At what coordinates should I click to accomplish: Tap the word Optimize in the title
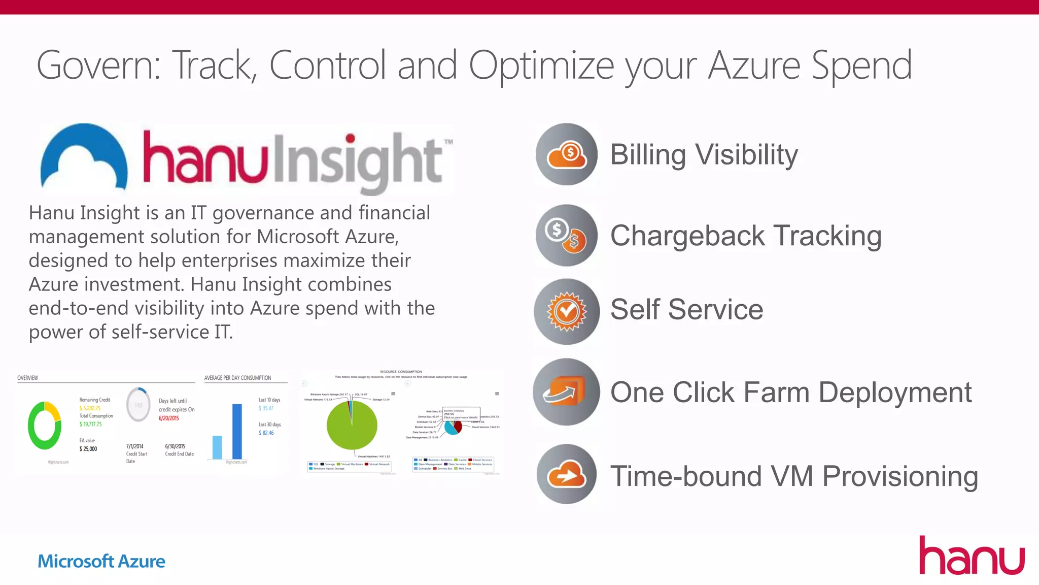tap(541, 66)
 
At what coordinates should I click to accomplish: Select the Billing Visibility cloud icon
tap(567, 154)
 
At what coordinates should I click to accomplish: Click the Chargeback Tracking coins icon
tap(567, 236)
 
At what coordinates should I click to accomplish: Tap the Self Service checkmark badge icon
tap(567, 311)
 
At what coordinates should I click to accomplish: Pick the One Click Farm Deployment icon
tap(566, 392)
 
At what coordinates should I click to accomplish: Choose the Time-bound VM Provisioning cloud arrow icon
tap(567, 474)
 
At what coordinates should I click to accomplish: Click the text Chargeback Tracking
tap(746, 236)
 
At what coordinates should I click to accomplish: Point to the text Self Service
tap(686, 309)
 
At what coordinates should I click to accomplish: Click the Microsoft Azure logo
tap(101, 561)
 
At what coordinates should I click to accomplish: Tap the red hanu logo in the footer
tap(971, 557)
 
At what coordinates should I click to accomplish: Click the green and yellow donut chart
tap(45, 426)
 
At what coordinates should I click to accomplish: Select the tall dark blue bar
tap(237, 431)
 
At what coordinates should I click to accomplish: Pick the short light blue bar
tap(217, 447)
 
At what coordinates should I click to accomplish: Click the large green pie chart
tap(352, 425)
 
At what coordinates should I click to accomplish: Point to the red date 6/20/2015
tap(169, 418)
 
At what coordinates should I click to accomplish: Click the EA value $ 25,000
tap(88, 449)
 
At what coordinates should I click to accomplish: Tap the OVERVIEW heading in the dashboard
tap(28, 378)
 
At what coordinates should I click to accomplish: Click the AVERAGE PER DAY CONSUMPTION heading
tap(237, 378)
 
